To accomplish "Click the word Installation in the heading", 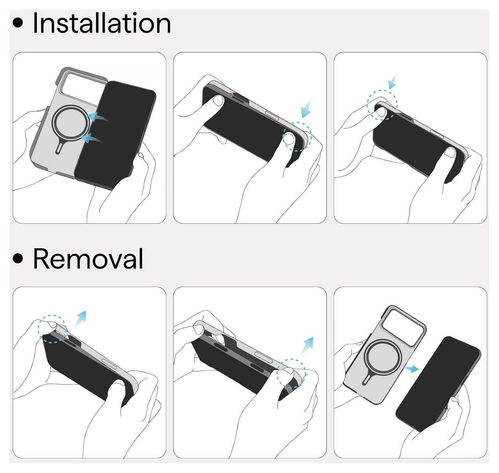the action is pos(102,23).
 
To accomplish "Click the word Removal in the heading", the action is pos(88,258).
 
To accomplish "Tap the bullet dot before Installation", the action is pos(18,23).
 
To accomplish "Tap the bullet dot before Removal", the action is pos(18,258).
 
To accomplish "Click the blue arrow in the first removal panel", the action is pos(80,319).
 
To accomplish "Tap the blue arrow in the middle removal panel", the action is pos(307,346).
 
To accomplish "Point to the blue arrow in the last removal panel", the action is pos(411,368).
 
